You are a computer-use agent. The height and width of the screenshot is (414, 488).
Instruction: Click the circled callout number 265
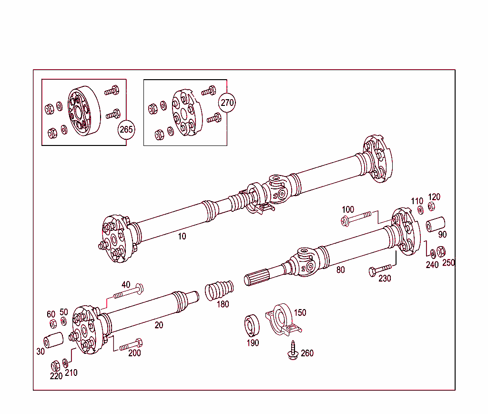(x=126, y=129)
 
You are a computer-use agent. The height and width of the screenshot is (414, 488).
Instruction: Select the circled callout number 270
(x=227, y=102)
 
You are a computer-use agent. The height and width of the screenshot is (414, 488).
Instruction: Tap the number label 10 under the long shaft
(x=182, y=236)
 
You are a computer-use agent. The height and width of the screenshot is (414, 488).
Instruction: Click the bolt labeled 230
(x=382, y=269)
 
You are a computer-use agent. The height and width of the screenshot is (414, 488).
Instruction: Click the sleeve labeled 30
(x=54, y=342)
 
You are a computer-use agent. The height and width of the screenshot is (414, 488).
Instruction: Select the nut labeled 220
(x=55, y=366)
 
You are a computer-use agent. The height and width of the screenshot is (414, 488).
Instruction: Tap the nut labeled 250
(x=441, y=251)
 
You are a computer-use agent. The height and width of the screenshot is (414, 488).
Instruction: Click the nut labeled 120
(x=431, y=207)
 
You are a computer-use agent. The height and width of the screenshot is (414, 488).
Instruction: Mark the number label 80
(x=340, y=270)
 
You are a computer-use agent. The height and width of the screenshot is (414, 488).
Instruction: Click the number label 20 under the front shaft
(x=159, y=325)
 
